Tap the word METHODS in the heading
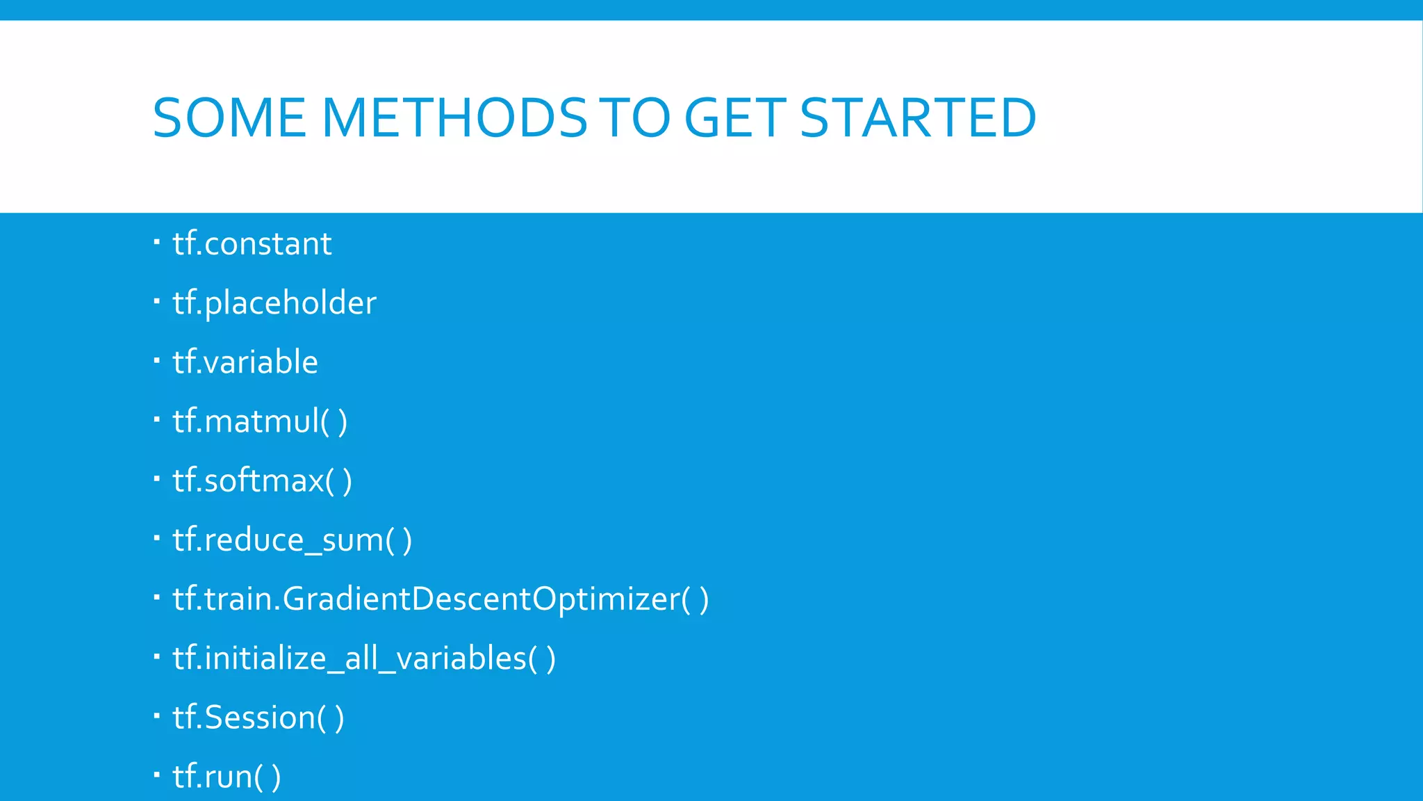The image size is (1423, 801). tap(455, 118)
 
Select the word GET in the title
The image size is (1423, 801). tap(735, 118)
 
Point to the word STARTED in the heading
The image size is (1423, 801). tap(918, 118)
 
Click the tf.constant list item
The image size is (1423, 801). tap(252, 244)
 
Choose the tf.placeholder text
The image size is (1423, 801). tap(274, 303)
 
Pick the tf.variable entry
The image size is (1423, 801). tap(245, 362)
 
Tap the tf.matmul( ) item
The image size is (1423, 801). tap(260, 421)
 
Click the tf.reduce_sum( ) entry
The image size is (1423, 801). tap(292, 540)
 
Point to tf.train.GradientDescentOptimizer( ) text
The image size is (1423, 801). tap(441, 599)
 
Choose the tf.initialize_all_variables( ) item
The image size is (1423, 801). tap(364, 658)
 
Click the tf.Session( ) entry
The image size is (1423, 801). tap(258, 718)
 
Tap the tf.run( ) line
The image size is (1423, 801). tap(227, 777)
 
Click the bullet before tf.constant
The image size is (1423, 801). tap(157, 242)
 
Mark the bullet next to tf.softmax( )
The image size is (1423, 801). tap(157, 479)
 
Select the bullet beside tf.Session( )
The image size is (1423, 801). tap(157, 715)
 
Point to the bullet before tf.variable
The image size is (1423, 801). tap(157, 360)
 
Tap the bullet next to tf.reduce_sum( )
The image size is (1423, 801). tap(157, 538)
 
